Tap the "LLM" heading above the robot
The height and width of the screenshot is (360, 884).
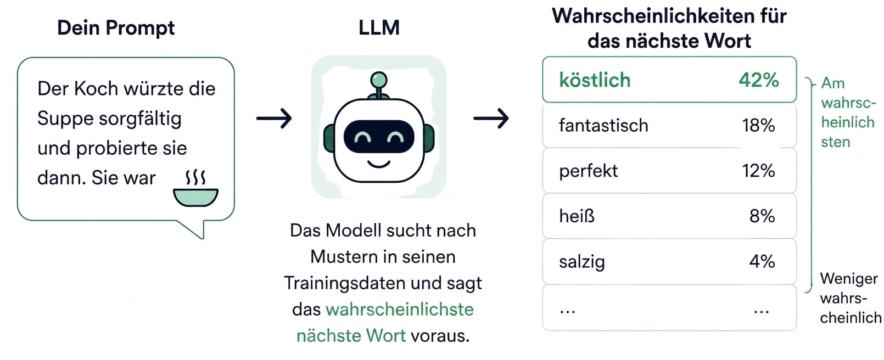pyautogui.click(x=379, y=28)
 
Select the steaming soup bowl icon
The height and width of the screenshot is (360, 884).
pyautogui.click(x=195, y=188)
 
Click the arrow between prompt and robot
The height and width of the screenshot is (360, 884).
pyautogui.click(x=274, y=118)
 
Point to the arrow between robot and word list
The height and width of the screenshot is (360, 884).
pyautogui.click(x=491, y=118)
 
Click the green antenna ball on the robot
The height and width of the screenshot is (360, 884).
pyautogui.click(x=379, y=80)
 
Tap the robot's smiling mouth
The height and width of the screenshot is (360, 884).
pyautogui.click(x=379, y=165)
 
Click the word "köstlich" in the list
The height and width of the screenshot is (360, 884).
pyautogui.click(x=595, y=80)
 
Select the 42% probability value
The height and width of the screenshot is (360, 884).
pyautogui.click(x=758, y=80)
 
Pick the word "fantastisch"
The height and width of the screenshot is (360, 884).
pyautogui.click(x=603, y=125)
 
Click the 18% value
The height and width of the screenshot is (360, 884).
pyautogui.click(x=758, y=125)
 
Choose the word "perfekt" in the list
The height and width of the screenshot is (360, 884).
pyautogui.click(x=589, y=171)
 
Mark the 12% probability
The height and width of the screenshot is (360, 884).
pyautogui.click(x=758, y=171)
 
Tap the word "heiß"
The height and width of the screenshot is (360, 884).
pyautogui.click(x=577, y=216)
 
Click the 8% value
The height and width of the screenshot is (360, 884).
pyautogui.click(x=762, y=216)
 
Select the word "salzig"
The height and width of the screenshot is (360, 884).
pyautogui.click(x=581, y=262)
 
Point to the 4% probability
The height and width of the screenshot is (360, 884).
pyautogui.click(x=762, y=261)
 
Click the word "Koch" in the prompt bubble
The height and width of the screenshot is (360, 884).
pyautogui.click(x=96, y=88)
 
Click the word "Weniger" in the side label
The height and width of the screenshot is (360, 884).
pyautogui.click(x=849, y=279)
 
